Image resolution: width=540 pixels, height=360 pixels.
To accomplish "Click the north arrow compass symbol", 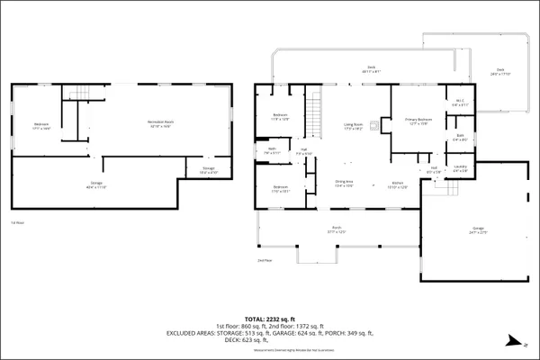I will tap(510, 339).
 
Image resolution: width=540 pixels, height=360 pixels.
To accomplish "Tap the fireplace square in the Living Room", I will tap(382, 125).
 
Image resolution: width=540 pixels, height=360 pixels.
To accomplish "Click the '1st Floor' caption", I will tap(16, 221).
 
